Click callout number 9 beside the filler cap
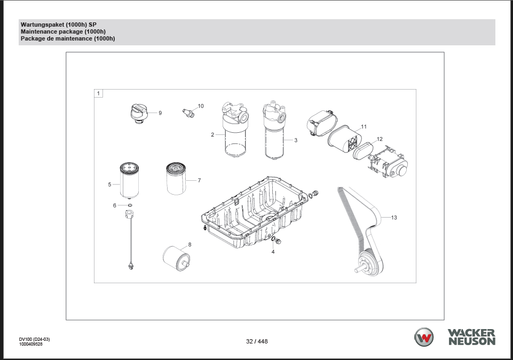pos(160,113)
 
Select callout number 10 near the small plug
pos(201,106)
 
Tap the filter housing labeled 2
pos(235,130)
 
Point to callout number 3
pos(296,140)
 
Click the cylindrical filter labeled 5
pos(129,180)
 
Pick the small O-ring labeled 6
pos(130,205)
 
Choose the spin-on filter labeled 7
pos(176,179)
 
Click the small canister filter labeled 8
pos(176,258)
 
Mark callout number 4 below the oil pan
pos(273,252)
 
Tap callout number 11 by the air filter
pos(364,126)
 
